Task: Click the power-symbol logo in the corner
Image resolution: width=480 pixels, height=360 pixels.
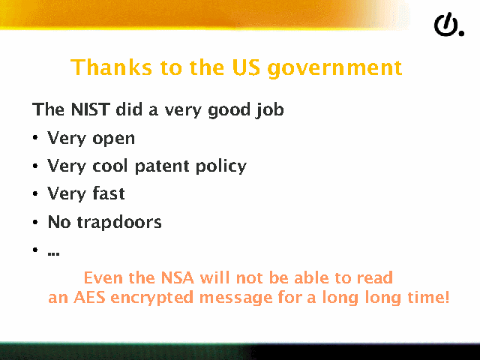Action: pos(448,25)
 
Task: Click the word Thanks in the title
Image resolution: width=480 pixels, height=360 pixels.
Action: pos(111,67)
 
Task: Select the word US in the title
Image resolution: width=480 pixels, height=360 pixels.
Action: pos(247,67)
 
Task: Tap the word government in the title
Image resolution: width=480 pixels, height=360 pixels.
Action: pos(334,69)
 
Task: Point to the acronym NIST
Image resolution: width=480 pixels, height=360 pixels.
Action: pos(90,109)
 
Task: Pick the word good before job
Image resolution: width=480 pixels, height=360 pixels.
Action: pos(229,110)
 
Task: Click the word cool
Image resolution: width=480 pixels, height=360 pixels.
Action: pos(110,166)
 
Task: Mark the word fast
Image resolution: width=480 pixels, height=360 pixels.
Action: pos(108,193)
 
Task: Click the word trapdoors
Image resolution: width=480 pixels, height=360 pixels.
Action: pos(119,223)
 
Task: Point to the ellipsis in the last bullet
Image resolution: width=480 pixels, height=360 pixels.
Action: pos(53,253)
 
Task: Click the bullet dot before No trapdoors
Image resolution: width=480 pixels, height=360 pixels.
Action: pos(35,222)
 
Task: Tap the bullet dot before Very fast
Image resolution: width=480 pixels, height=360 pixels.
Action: pos(35,193)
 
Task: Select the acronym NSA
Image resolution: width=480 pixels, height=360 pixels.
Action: pos(178,277)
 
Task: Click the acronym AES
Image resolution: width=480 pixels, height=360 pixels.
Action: pos(89,297)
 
